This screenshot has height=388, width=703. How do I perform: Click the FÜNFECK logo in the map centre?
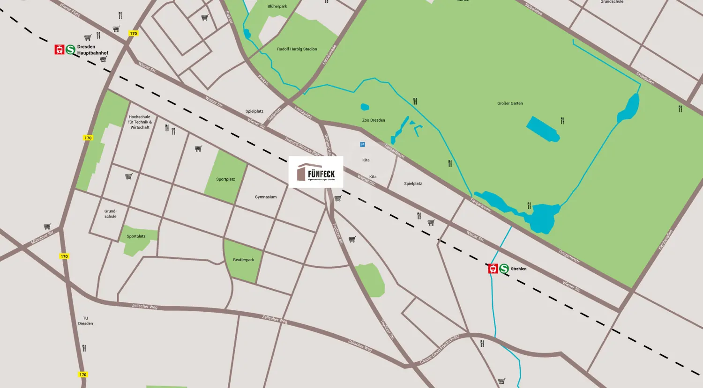click(x=316, y=172)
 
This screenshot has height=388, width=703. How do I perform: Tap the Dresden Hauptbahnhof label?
click(x=92, y=50)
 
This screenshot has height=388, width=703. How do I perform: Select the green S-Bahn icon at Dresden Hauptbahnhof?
click(x=71, y=50)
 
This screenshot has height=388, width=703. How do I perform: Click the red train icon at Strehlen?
click(x=493, y=269)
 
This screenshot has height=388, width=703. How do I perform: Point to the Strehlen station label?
click(x=518, y=269)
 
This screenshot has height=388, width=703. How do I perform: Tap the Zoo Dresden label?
click(x=374, y=120)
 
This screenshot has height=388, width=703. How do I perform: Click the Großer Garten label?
click(x=510, y=103)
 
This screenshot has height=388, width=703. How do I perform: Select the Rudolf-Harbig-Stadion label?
click(x=297, y=49)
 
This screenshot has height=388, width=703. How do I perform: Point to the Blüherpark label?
click(x=277, y=7)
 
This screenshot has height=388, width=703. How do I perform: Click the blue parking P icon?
click(x=362, y=145)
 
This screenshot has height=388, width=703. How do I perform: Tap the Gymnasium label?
click(x=266, y=197)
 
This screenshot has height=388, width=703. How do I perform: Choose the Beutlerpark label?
click(x=243, y=260)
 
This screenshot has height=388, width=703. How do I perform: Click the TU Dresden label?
click(x=85, y=321)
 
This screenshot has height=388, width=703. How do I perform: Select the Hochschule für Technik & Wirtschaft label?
click(x=140, y=122)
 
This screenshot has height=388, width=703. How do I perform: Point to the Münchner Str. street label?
click(x=42, y=238)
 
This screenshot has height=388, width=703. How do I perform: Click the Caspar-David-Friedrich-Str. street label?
click(x=439, y=349)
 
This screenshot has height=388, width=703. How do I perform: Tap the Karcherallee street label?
click(x=665, y=240)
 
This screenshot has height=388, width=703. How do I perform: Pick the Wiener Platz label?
click(x=70, y=9)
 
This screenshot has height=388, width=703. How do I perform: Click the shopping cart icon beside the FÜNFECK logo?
click(x=338, y=198)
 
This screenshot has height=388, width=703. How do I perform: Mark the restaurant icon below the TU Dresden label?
click(x=84, y=348)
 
